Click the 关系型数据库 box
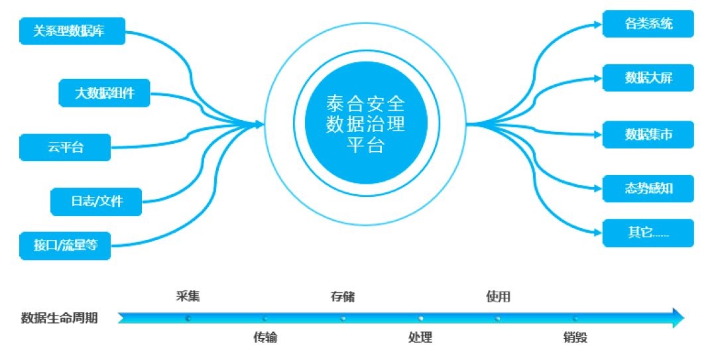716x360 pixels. [72, 31]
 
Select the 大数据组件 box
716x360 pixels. [104, 93]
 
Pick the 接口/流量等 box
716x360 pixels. [66, 245]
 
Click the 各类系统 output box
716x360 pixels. [648, 25]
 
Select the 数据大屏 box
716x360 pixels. [648, 78]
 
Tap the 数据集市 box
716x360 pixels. [648, 135]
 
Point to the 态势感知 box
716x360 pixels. [648, 189]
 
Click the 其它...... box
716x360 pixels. [648, 234]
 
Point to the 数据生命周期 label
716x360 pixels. [60, 318]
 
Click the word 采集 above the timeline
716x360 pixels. [188, 296]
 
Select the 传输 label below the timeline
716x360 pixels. [265, 338]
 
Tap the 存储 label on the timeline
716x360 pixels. [342, 296]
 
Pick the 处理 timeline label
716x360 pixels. [420, 338]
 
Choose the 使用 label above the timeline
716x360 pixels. [498, 296]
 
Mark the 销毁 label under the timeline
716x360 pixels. [575, 338]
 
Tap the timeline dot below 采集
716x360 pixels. [188, 318]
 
